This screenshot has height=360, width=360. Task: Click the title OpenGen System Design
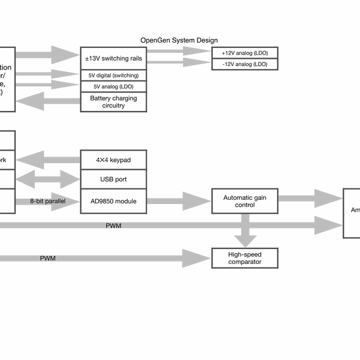pos(179,40)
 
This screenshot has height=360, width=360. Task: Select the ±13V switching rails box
pos(113,58)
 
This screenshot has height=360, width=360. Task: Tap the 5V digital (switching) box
pos(113,76)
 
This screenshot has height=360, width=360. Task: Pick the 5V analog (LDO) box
pos(113,86)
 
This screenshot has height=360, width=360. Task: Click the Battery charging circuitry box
pos(113,102)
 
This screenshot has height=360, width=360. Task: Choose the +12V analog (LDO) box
pos(244,53)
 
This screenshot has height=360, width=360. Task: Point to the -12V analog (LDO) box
pos(244,64)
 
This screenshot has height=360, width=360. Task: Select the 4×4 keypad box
pos(113,160)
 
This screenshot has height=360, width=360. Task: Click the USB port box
pos(113,179)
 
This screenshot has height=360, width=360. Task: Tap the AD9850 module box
pos(113,201)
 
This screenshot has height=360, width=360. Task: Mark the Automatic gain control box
pos(244,201)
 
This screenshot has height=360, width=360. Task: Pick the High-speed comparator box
pos(244,258)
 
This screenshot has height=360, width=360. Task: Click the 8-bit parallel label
pos(49,201)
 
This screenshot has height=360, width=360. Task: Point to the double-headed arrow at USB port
pos(49,179)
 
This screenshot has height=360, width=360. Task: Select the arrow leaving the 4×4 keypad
pos(49,160)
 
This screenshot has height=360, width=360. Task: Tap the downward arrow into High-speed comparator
pos(244,231)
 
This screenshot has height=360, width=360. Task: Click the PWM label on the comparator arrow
pos(48,259)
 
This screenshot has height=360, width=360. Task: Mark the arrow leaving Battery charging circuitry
pos(49,102)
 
